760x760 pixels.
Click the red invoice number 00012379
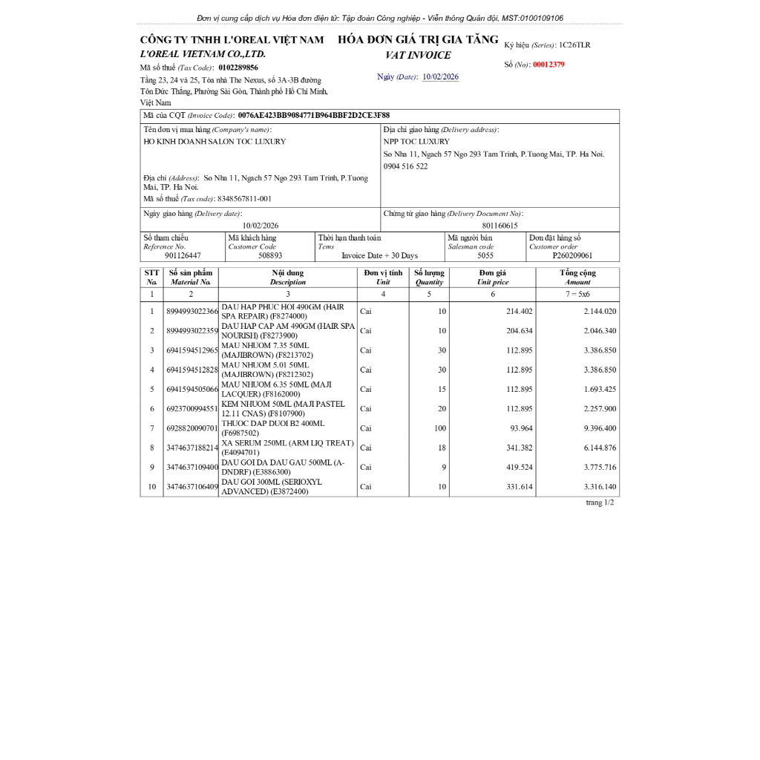pyautogui.click(x=548, y=65)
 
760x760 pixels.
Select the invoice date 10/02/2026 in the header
pyautogui.click(x=440, y=77)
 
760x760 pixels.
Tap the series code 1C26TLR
pyautogui.click(x=574, y=45)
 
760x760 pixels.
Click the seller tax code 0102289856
pyautogui.click(x=238, y=68)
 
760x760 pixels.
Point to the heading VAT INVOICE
pyautogui.click(x=418, y=56)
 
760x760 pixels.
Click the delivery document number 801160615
pyautogui.click(x=499, y=225)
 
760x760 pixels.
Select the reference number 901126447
pyautogui.click(x=183, y=255)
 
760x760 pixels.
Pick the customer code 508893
pyautogui.click(x=270, y=255)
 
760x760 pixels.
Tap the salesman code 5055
pyautogui.click(x=485, y=255)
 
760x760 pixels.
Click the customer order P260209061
pyautogui.click(x=572, y=255)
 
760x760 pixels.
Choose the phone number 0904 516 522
pyautogui.click(x=405, y=166)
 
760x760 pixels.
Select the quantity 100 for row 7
pyautogui.click(x=440, y=428)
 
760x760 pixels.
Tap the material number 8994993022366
pyautogui.click(x=192, y=312)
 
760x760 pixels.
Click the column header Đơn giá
pyautogui.click(x=492, y=273)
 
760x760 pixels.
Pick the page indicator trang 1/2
pyautogui.click(x=600, y=502)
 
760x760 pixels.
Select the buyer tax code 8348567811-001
pyautogui.click(x=244, y=199)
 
